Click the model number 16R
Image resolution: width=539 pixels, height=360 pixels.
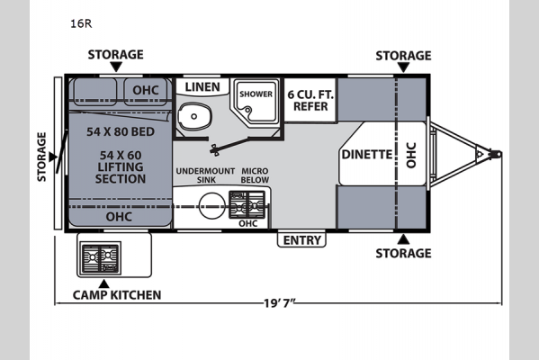pyautogui.click(x=81, y=23)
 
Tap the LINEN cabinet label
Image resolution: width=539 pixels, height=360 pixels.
pyautogui.click(x=202, y=87)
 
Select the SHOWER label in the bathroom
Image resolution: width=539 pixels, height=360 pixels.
pyautogui.click(x=256, y=94)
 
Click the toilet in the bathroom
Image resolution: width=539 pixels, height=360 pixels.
pyautogui.click(x=193, y=116)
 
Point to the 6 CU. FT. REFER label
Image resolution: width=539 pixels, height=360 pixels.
pyautogui.click(x=310, y=101)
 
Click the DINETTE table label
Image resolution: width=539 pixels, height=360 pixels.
pyautogui.click(x=367, y=155)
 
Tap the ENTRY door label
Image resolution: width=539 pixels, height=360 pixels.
pyautogui.click(x=301, y=240)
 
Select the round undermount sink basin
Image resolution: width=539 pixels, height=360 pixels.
pyautogui.click(x=212, y=205)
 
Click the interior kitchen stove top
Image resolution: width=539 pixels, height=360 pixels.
pyautogui.click(x=247, y=205)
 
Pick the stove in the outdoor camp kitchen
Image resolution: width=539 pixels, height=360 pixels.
pyautogui.click(x=100, y=258)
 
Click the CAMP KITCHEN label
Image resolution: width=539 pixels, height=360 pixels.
pyautogui.click(x=117, y=295)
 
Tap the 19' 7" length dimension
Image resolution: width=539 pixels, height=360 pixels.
pyautogui.click(x=280, y=303)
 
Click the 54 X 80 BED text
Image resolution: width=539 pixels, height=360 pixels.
pyautogui.click(x=121, y=131)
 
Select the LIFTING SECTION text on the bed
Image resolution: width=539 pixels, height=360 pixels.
pyautogui.click(x=121, y=173)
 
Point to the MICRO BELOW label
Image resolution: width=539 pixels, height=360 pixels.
pyautogui.click(x=255, y=175)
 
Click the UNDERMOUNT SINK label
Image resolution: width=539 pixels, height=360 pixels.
pyautogui.click(x=205, y=175)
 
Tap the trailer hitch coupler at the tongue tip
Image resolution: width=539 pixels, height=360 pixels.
pyautogui.click(x=496, y=154)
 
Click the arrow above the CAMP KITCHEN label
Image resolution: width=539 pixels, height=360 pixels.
pyautogui.click(x=103, y=284)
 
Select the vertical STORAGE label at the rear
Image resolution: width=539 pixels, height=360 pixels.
pyautogui.click(x=41, y=157)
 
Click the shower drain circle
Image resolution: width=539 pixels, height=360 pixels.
pyautogui.click(x=247, y=110)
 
